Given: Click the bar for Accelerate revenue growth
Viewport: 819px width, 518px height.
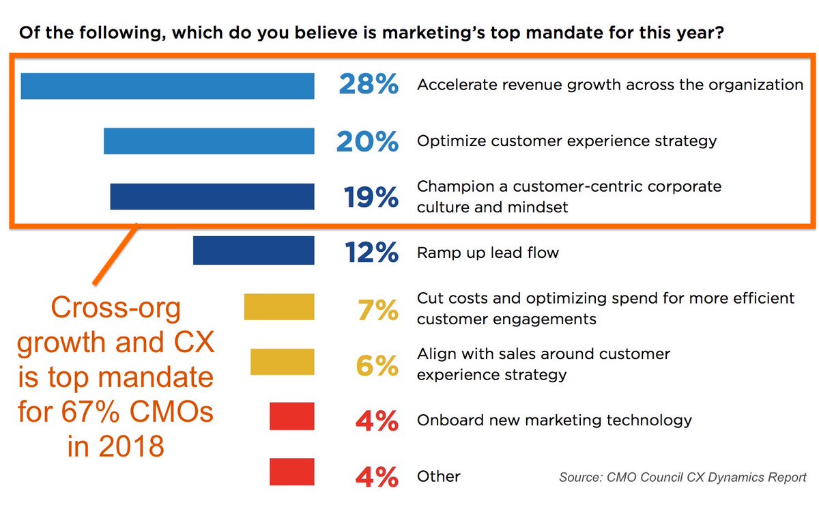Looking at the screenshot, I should coord(167,86).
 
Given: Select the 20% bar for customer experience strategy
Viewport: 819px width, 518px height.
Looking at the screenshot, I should coord(209,141).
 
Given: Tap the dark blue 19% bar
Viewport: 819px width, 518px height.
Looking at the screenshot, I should coord(212,197).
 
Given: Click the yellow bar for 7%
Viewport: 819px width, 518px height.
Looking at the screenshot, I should coord(279,307).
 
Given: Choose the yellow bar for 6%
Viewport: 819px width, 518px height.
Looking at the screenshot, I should coord(282,362).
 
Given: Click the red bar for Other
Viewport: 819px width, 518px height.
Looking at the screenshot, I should coord(291,472).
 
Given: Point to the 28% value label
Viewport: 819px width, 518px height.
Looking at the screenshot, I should coord(368,86).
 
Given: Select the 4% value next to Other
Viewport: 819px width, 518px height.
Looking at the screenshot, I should coord(377,476).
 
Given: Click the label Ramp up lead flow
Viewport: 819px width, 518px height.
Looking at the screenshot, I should coord(487,253).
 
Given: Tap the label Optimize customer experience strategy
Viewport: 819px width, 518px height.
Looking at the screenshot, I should coord(566,141).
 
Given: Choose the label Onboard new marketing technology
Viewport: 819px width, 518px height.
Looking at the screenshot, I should coord(554,420).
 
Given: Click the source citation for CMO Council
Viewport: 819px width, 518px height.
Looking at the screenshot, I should coord(682,477).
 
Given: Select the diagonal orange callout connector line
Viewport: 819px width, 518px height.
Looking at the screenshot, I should coord(115,253).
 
